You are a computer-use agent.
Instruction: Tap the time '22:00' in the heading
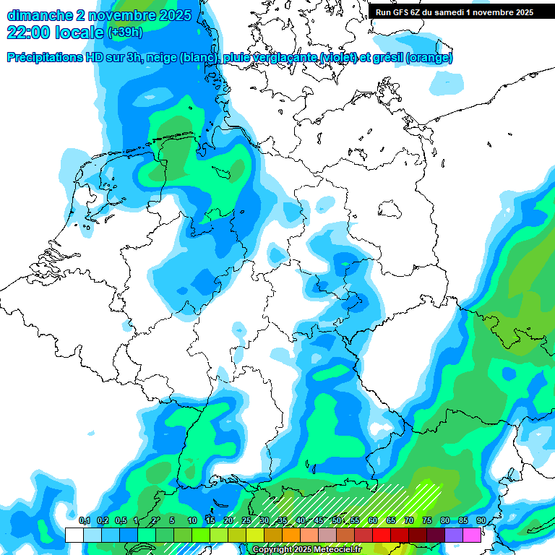pyautogui.click(x=28, y=33)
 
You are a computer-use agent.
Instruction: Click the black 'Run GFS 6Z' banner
pyautogui.click(x=455, y=12)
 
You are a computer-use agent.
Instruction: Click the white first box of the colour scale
pyautogui.click(x=74, y=535)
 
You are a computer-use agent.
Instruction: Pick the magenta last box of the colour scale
pyautogui.click(x=472, y=535)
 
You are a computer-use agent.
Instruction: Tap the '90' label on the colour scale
pyautogui.click(x=481, y=521)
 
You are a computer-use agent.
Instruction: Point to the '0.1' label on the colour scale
pyautogui.click(x=84, y=521)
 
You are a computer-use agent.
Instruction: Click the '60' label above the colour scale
pyautogui.click(x=373, y=521)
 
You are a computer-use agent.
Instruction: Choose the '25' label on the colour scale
pyautogui.click(x=246, y=521)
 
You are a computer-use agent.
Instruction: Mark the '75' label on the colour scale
pyautogui.click(x=427, y=521)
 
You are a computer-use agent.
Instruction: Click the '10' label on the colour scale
pyautogui.click(x=192, y=521)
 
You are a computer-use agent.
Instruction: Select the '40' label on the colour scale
pyautogui.click(x=301, y=521)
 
